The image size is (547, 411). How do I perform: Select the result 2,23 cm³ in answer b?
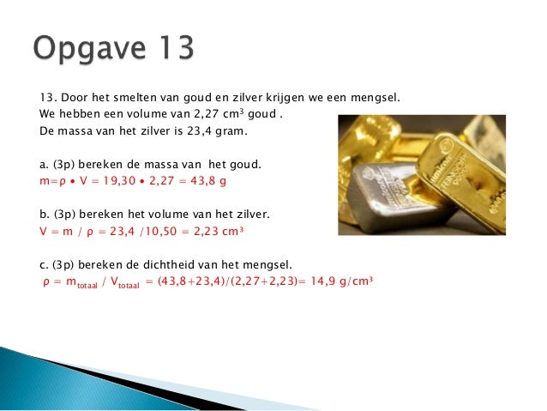click(x=215, y=231)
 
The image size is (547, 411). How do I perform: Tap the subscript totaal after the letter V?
click(x=127, y=284)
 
